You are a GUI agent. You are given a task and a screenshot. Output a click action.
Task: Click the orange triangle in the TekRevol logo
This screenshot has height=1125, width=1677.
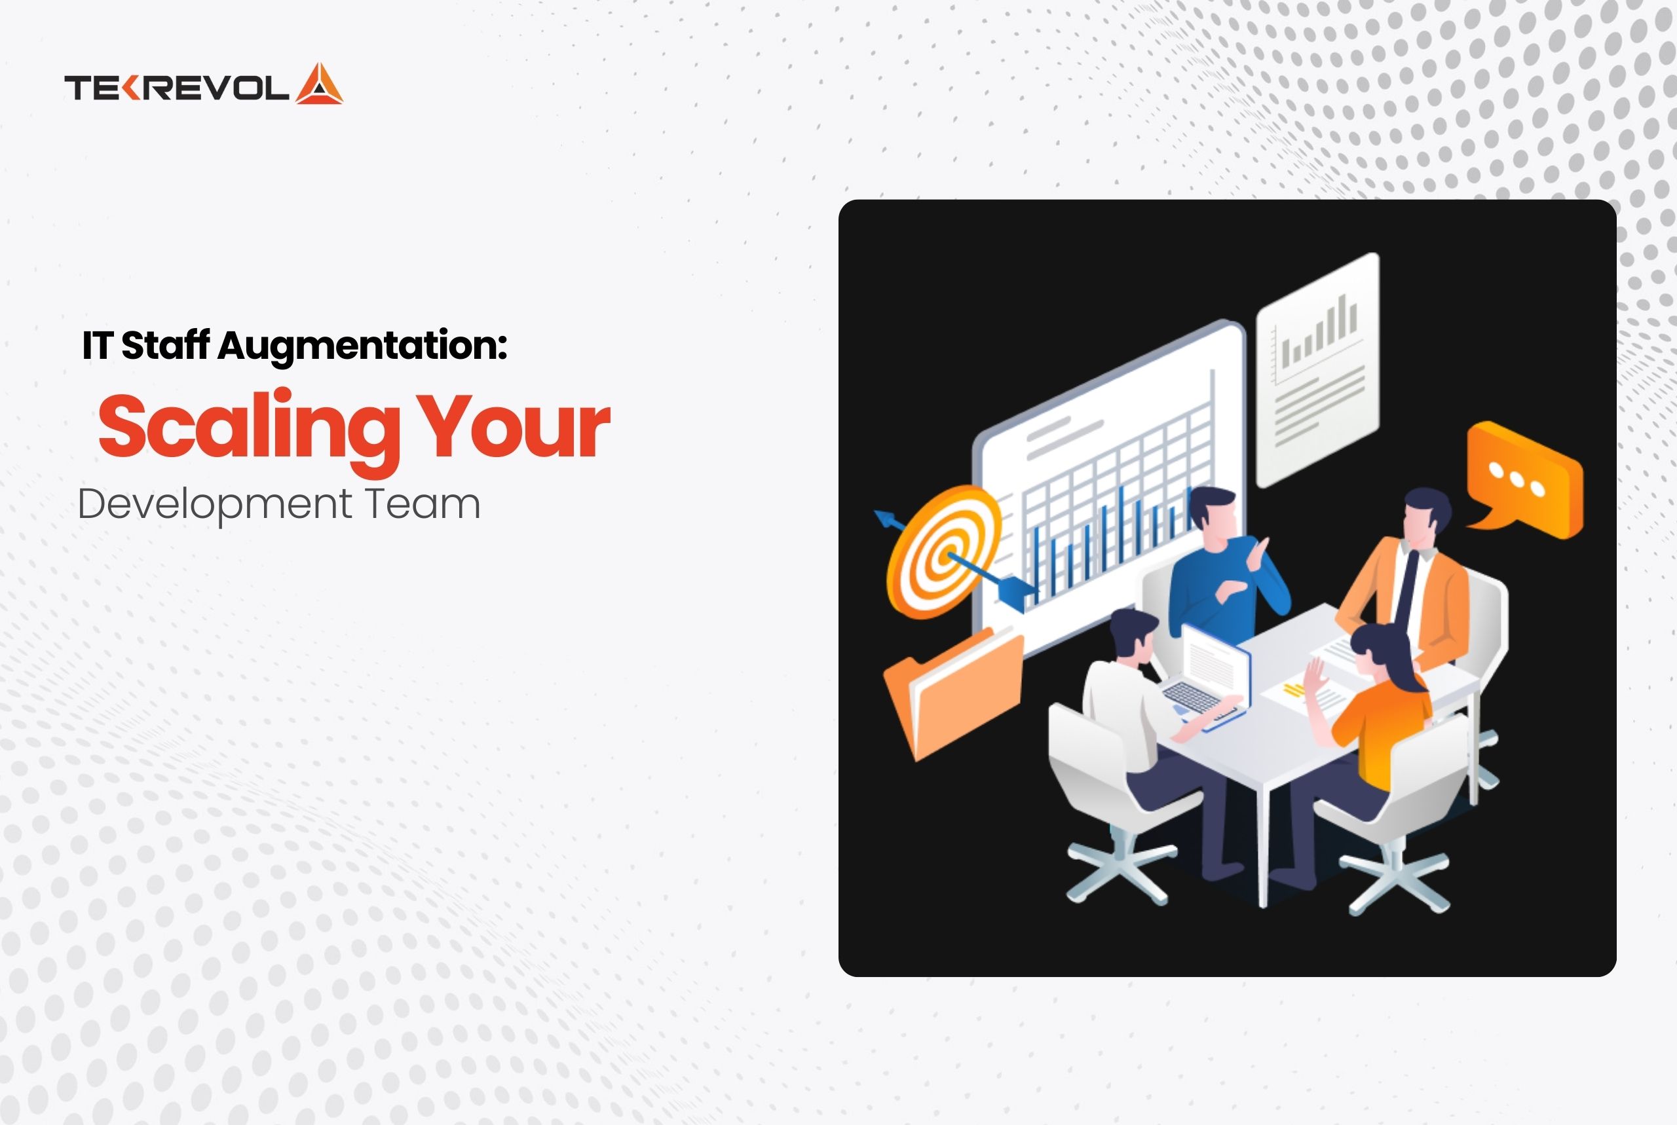pos(319,84)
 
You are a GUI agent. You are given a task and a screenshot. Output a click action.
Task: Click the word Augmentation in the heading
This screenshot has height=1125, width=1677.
pos(362,345)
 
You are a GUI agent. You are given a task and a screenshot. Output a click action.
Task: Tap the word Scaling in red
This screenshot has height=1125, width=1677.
pos(248,426)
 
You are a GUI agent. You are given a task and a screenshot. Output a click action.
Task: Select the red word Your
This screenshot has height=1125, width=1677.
pos(514,426)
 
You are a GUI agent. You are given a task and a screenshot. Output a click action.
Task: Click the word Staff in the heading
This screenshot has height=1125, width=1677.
pos(165,345)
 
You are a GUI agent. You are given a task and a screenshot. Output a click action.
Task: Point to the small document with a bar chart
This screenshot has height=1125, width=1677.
pos(1317,369)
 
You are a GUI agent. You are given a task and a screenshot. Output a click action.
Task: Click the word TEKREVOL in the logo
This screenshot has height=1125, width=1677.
pos(176,88)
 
